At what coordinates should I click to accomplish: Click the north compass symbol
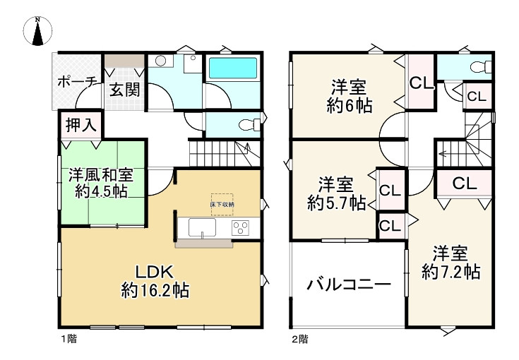tap(39, 30)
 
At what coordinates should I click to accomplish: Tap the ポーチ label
tap(77, 81)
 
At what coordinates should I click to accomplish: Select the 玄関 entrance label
tap(124, 89)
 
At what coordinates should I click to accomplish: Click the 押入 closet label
tap(80, 126)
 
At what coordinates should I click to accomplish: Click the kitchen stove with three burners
tap(241, 228)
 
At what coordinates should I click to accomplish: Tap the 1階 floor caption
tap(68, 339)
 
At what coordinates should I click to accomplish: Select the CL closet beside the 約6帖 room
tap(421, 83)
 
